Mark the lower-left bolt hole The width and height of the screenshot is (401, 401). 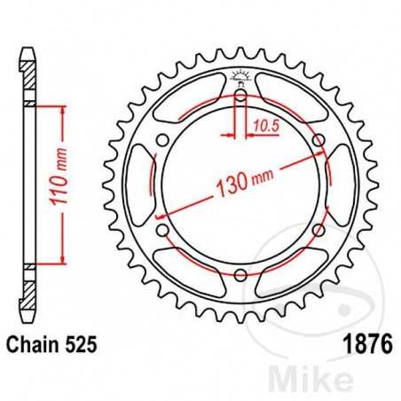[x=161, y=231]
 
